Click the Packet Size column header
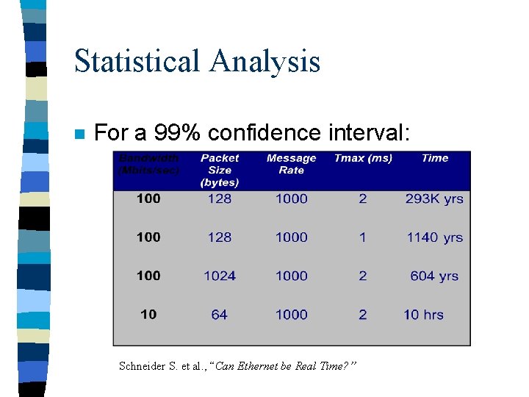coord(220,170)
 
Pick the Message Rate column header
coord(291,164)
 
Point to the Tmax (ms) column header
coord(363,158)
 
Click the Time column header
coord(435,158)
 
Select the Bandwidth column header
coord(148,164)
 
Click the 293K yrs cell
coord(434,198)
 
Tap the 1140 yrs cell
coord(435,237)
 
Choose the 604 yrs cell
coord(434,276)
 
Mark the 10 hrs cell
coord(423,315)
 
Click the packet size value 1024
coord(220,276)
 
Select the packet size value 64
coord(219,315)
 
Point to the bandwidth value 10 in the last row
coord(148,315)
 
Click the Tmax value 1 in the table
coord(363,237)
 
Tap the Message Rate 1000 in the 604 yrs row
coord(291,276)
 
